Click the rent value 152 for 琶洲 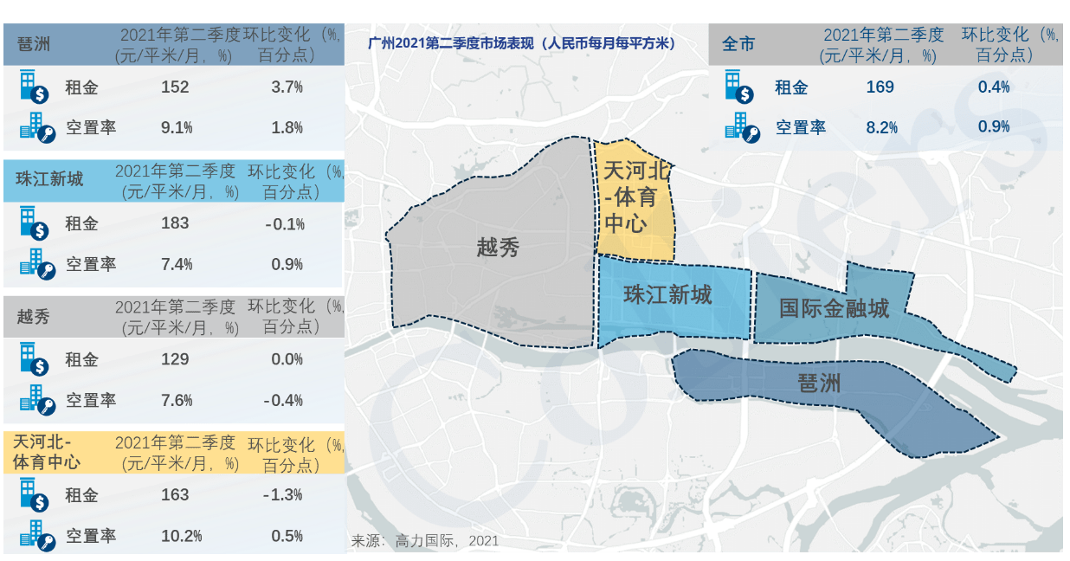tap(175, 87)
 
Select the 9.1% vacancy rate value tap(177, 128)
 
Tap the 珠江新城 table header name tap(49, 179)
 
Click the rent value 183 tap(175, 223)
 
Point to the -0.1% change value tap(286, 224)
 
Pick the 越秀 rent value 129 tap(175, 359)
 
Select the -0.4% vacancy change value tap(285, 400)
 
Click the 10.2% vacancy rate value tap(181, 536)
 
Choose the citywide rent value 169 tap(880, 87)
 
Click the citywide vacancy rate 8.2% tap(881, 128)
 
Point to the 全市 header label tap(738, 43)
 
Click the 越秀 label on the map tap(498, 248)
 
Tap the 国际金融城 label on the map tap(834, 308)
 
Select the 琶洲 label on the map tap(818, 382)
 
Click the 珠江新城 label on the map tap(667, 295)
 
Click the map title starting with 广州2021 tap(521, 42)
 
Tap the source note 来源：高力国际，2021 tap(424, 541)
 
